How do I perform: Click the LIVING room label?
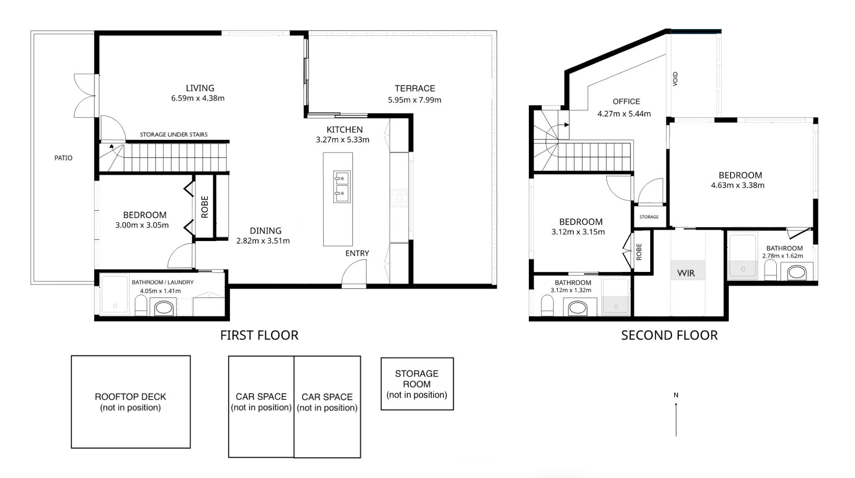pos(200,88)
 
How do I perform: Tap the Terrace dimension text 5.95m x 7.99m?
pos(415,100)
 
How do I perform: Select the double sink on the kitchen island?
pos(342,187)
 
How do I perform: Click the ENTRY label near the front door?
pos(357,253)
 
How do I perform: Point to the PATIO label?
pos(63,158)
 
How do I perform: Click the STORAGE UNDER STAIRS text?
pos(174,134)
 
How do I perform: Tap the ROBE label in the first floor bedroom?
pos(205,207)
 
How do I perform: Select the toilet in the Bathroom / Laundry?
pos(141,305)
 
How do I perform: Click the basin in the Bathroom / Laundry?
pos(163,307)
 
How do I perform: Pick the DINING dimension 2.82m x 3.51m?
pos(263,241)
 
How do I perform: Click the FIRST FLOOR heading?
pos(259,335)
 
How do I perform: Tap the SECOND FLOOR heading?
pos(669,335)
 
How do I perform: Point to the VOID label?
pos(675,79)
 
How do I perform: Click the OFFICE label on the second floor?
pos(626,101)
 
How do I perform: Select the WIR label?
pos(686,273)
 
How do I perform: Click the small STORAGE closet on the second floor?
pos(649,217)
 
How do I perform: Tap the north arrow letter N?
pos(676,395)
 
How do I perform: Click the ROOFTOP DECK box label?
pos(130,397)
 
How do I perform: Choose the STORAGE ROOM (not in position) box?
pos(417,384)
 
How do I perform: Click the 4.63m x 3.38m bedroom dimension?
pos(738,185)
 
